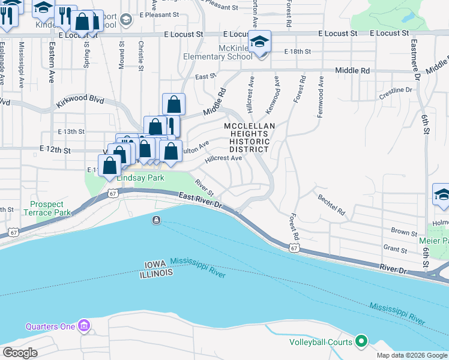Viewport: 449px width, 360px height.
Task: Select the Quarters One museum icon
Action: (x=84, y=326)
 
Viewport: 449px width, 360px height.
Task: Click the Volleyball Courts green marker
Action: (x=361, y=342)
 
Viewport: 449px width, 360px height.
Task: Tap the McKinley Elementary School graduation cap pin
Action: (x=259, y=43)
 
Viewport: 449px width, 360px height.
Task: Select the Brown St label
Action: (x=403, y=232)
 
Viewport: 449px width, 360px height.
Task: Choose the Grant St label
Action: (x=395, y=248)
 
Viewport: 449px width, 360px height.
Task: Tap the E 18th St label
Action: (x=298, y=52)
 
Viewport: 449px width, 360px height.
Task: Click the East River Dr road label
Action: (x=201, y=199)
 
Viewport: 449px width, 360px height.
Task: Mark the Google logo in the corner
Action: (x=20, y=353)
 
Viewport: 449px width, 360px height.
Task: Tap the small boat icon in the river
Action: (x=156, y=220)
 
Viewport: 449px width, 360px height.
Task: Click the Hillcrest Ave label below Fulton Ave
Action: (x=223, y=159)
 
